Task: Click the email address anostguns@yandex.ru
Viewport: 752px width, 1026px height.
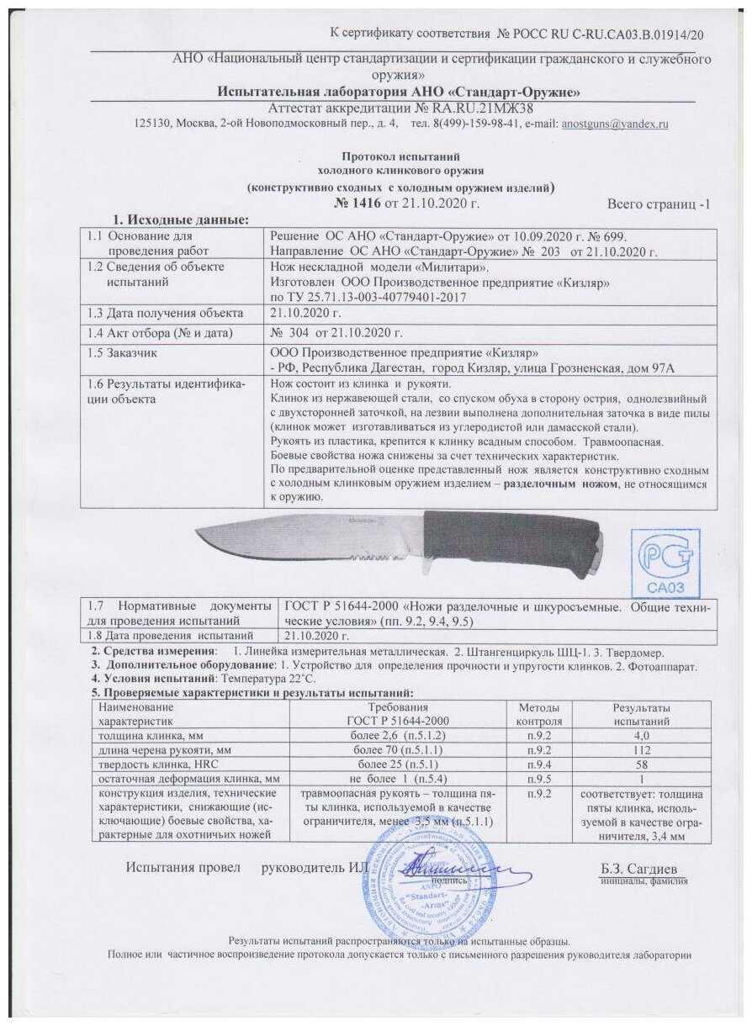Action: (x=614, y=124)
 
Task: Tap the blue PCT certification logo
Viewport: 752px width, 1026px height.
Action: (x=668, y=563)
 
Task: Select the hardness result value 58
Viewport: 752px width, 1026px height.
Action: (x=640, y=764)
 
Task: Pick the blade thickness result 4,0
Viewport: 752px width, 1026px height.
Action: (x=640, y=735)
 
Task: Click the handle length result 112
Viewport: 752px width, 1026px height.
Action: (x=640, y=749)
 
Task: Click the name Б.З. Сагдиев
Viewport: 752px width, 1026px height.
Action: (x=640, y=867)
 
